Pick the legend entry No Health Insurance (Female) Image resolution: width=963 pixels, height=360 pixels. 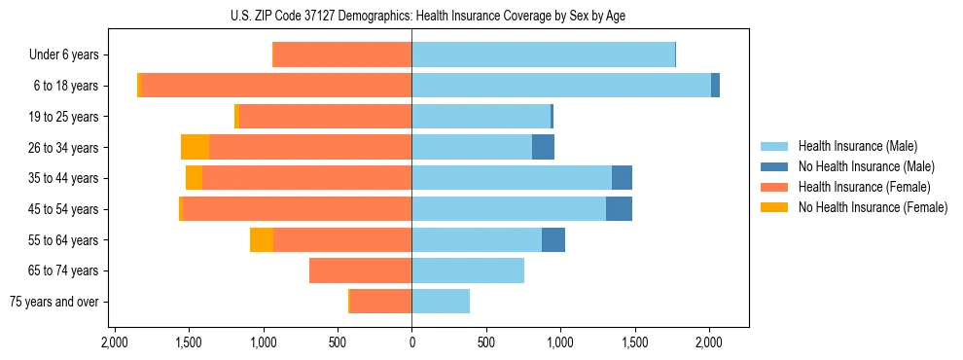(873, 207)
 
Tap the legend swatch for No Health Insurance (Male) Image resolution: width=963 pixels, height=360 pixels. (775, 167)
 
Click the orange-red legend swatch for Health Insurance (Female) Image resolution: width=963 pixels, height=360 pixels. (775, 187)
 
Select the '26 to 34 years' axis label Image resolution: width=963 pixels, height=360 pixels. (63, 148)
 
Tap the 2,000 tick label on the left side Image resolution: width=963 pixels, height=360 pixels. (115, 343)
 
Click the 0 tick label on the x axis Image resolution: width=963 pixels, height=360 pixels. (411, 343)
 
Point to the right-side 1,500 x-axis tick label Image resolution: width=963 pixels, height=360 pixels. (634, 343)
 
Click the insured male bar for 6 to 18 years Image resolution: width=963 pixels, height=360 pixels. (561, 86)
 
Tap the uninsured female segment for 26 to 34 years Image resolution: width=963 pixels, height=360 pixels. (195, 147)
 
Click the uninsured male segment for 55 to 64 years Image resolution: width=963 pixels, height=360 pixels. (553, 239)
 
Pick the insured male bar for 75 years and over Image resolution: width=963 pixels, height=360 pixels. (441, 302)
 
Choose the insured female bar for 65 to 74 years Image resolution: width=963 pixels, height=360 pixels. (360, 270)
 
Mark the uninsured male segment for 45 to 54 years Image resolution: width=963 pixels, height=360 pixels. (619, 209)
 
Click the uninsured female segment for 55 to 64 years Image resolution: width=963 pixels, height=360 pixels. (262, 239)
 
